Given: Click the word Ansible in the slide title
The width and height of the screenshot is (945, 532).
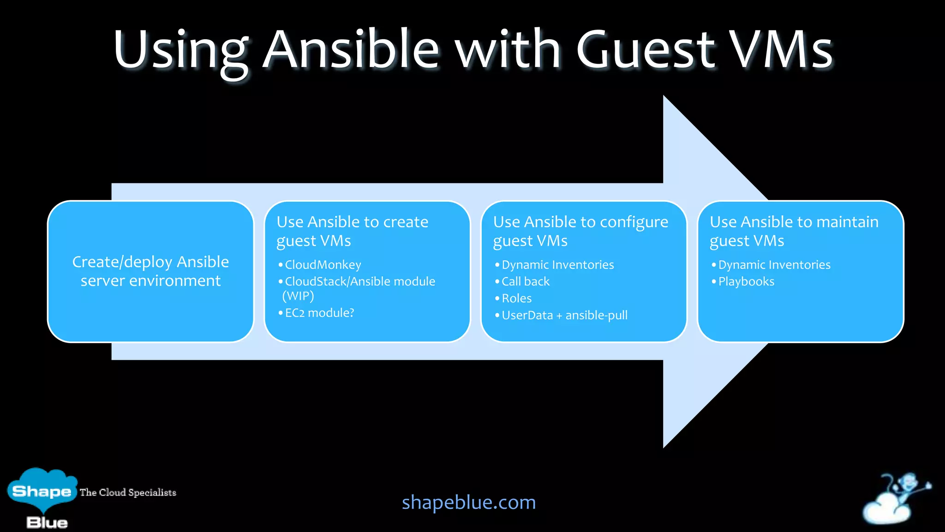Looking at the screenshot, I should (351, 49).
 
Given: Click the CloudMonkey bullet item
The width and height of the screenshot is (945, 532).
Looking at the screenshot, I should (323, 265).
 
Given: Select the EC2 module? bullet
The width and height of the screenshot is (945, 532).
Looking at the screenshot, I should (319, 313).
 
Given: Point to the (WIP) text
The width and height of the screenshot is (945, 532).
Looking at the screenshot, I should (298, 296).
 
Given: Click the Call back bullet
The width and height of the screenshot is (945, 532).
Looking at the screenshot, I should (525, 282).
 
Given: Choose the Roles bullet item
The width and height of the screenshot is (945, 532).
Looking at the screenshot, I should (516, 298).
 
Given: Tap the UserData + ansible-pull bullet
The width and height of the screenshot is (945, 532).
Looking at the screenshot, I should (564, 315).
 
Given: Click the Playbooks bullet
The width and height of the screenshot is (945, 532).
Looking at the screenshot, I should (746, 282).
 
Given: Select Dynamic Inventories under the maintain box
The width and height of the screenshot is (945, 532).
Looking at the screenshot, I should (774, 265).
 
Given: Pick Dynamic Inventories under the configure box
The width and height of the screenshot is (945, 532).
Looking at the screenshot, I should (557, 265).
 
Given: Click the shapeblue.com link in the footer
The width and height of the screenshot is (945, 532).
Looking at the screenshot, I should (468, 502).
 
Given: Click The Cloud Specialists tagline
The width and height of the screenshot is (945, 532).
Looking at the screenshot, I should (128, 492).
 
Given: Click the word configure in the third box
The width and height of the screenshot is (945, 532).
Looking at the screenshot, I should (634, 222).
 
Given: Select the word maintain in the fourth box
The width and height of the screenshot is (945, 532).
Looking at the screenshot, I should (847, 222).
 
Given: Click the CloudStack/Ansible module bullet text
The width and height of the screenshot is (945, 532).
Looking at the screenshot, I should (360, 282).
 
